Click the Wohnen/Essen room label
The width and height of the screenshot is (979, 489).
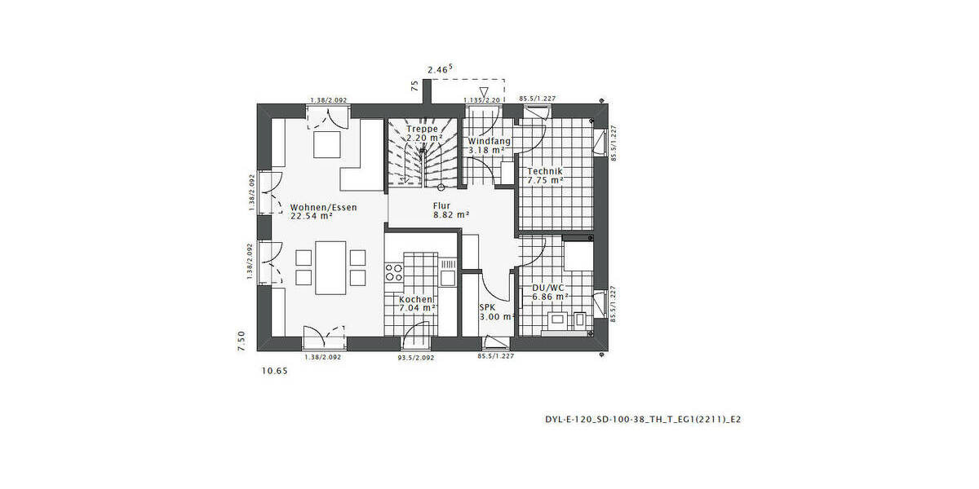(324, 208)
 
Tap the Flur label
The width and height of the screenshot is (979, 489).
(441, 206)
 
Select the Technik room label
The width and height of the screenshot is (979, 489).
(545, 171)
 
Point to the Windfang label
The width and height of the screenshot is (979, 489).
(489, 141)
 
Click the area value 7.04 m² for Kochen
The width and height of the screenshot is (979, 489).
(418, 309)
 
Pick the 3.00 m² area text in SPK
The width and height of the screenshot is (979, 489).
(495, 317)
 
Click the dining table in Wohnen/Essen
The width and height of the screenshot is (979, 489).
(330, 267)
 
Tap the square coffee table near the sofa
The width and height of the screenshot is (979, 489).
(328, 144)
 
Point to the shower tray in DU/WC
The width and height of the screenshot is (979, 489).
(578, 254)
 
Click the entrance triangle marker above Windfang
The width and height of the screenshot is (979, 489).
(484, 91)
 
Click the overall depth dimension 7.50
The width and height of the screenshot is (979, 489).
(241, 340)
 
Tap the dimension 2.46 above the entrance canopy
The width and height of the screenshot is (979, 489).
(440, 71)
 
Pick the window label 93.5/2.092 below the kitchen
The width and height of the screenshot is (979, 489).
(416, 357)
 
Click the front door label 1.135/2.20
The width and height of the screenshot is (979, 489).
(481, 100)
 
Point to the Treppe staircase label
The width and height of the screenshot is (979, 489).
(423, 129)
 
